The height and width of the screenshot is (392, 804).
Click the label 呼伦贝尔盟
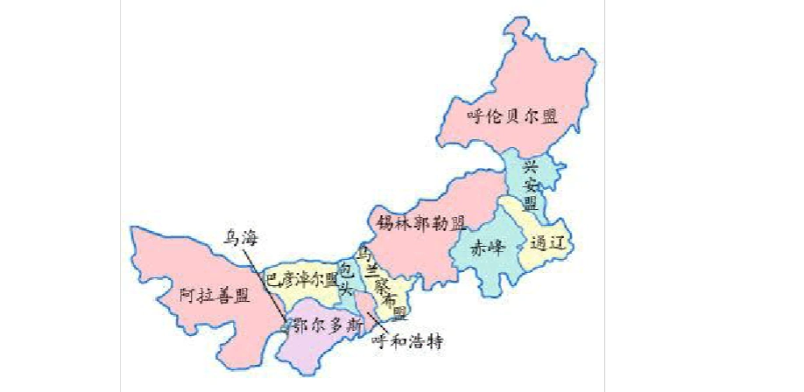(512, 115)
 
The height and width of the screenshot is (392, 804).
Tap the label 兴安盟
(530, 185)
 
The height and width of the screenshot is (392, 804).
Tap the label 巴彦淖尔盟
(302, 280)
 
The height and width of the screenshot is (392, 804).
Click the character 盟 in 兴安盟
(530, 204)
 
